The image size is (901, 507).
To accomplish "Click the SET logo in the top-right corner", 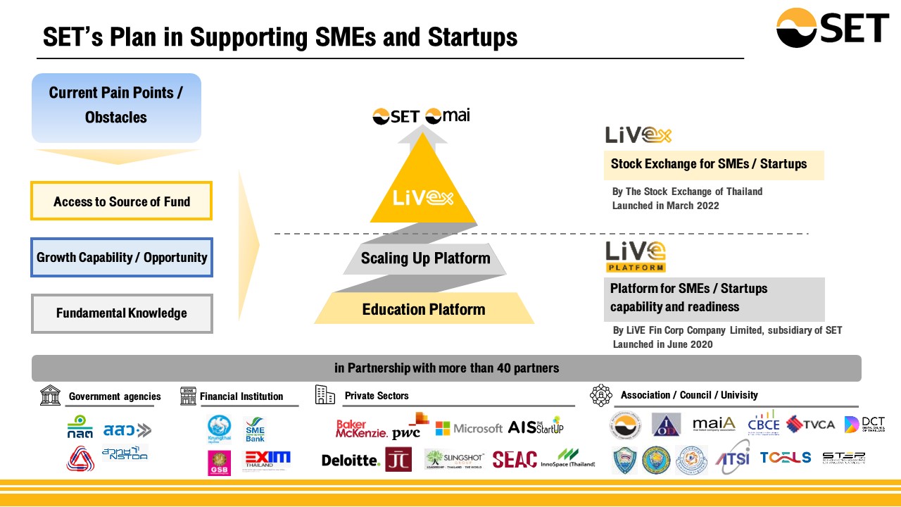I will click(832, 28).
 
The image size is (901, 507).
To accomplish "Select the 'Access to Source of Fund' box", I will click(121, 201).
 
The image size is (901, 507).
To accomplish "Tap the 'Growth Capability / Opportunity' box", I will click(121, 257).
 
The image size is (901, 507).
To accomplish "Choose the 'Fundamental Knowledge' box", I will click(121, 313).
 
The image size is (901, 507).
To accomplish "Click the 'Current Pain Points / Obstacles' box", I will click(116, 105).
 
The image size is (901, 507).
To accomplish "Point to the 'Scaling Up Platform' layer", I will click(425, 258).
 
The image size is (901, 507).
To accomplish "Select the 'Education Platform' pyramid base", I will click(423, 310).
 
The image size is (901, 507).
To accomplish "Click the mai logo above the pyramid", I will click(448, 115).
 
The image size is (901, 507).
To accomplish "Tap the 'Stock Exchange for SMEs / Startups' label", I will click(709, 164).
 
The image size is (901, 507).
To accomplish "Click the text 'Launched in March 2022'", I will click(666, 206).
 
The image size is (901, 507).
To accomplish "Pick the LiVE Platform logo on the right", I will click(635, 256).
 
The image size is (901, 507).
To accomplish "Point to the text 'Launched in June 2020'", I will click(662, 344).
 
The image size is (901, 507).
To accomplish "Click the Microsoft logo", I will click(469, 427).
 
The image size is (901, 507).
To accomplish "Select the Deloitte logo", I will click(351, 460).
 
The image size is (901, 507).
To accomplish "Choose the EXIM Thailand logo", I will click(267, 460).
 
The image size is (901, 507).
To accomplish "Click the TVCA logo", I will click(810, 424).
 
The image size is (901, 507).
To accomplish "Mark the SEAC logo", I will click(515, 460).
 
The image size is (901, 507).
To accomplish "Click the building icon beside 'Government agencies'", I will click(50, 396).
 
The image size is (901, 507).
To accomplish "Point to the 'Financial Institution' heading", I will click(241, 396).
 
